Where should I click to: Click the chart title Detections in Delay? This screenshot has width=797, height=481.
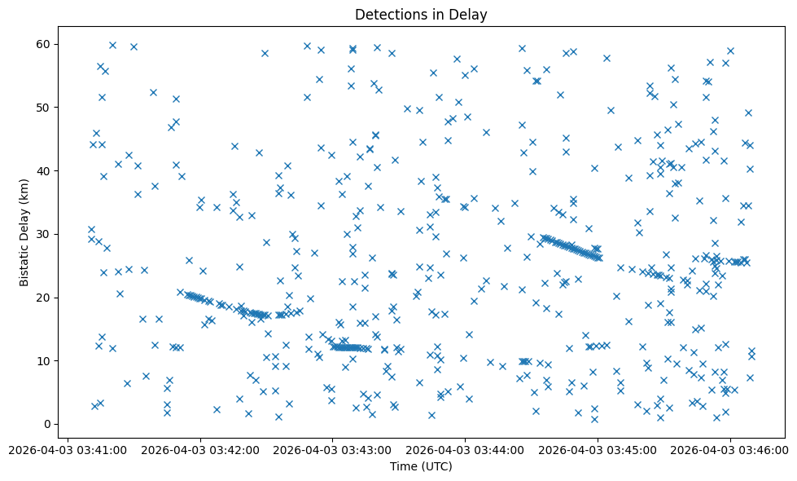pyautogui.click(x=421, y=14)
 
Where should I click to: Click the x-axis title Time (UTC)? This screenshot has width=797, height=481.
pyautogui.click(x=421, y=466)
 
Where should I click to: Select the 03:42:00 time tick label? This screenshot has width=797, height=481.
pyautogui.click(x=199, y=450)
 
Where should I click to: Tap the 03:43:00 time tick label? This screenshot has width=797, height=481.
pyautogui.click(x=332, y=450)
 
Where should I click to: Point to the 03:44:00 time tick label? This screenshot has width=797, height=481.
pyautogui.click(x=465, y=450)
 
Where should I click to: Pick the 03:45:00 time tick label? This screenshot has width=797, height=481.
pyautogui.click(x=598, y=450)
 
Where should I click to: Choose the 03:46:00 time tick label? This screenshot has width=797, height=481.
pyautogui.click(x=730, y=450)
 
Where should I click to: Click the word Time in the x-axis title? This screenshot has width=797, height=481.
pyautogui.click(x=405, y=466)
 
